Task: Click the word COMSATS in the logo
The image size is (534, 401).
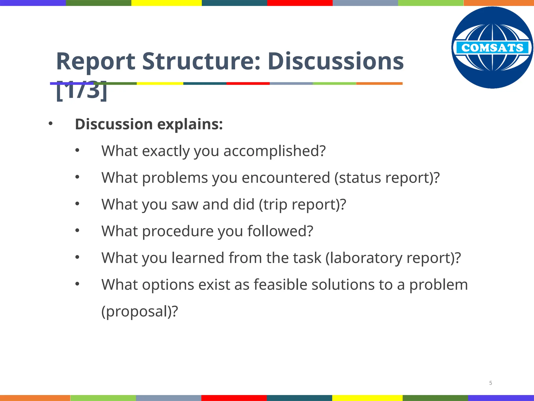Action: pyautogui.click(x=492, y=48)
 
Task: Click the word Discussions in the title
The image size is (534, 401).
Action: pyautogui.click(x=336, y=62)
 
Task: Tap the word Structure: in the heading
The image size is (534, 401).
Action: pyautogui.click(x=201, y=62)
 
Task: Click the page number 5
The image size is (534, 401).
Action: pyautogui.click(x=490, y=383)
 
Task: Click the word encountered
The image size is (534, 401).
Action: pyautogui.click(x=286, y=178)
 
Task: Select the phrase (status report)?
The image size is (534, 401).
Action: pyautogui.click(x=387, y=178)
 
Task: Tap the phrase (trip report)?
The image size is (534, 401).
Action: pyautogui.click(x=302, y=204)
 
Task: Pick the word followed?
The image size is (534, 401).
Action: pyautogui.click(x=280, y=231)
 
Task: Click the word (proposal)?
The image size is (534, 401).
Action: pyautogui.click(x=139, y=311)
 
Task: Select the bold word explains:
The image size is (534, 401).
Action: pyautogui.click(x=190, y=124)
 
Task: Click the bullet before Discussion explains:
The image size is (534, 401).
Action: pyautogui.click(x=51, y=124)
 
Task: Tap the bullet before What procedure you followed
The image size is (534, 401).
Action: pyautogui.click(x=77, y=231)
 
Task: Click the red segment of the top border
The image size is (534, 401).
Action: pyautogui.click(x=300, y=3)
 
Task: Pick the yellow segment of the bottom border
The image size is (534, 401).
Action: pyautogui.click(x=367, y=398)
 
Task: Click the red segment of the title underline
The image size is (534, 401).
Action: pyautogui.click(x=248, y=84)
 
